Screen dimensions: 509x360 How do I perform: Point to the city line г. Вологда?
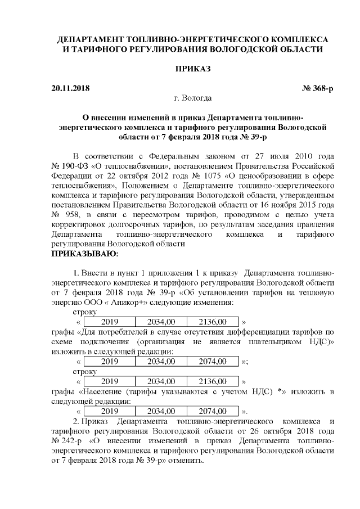[193, 98]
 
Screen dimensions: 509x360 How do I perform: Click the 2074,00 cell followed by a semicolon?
[207, 361]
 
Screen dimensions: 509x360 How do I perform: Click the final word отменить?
[185, 460]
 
